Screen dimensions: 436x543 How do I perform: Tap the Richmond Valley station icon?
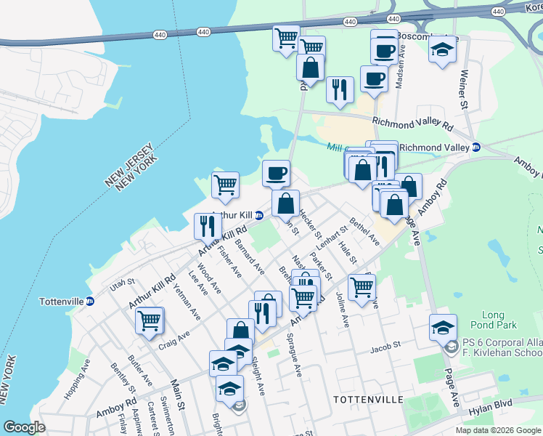coord(476,147)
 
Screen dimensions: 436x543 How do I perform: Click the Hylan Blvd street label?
coord(494,404)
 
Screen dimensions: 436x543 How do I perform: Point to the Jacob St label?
coord(385,345)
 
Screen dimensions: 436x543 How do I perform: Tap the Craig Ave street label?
coord(174,339)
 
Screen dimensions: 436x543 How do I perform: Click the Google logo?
coord(25,428)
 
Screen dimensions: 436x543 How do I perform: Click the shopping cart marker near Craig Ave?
coord(150,319)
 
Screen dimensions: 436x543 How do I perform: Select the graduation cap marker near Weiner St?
coord(442,49)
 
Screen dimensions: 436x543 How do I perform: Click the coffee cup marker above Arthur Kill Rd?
coord(276,173)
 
